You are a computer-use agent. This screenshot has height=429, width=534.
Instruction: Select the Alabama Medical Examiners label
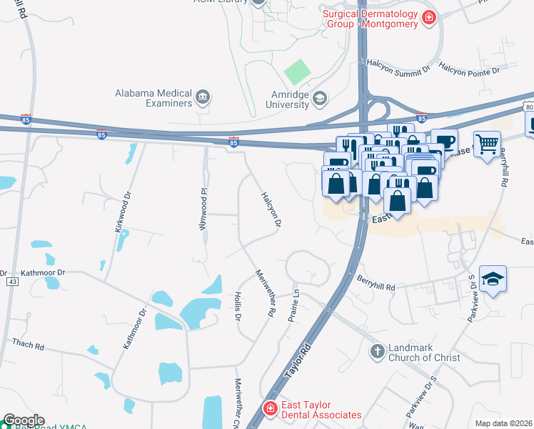coord(154,99)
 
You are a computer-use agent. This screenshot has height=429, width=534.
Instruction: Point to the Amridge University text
coord(278,99)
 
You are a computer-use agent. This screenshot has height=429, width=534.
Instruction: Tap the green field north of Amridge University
coord(297,72)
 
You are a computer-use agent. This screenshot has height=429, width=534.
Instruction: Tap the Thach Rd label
coord(28,344)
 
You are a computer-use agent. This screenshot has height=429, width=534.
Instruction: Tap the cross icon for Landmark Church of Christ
coord(378,351)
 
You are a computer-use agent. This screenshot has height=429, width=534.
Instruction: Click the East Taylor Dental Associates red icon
coord(270,409)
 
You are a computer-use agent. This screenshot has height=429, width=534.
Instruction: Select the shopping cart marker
coord(487,144)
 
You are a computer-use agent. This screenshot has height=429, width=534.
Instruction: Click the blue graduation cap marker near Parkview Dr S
coord(493,278)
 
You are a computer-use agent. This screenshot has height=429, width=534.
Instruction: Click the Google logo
coord(23,420)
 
